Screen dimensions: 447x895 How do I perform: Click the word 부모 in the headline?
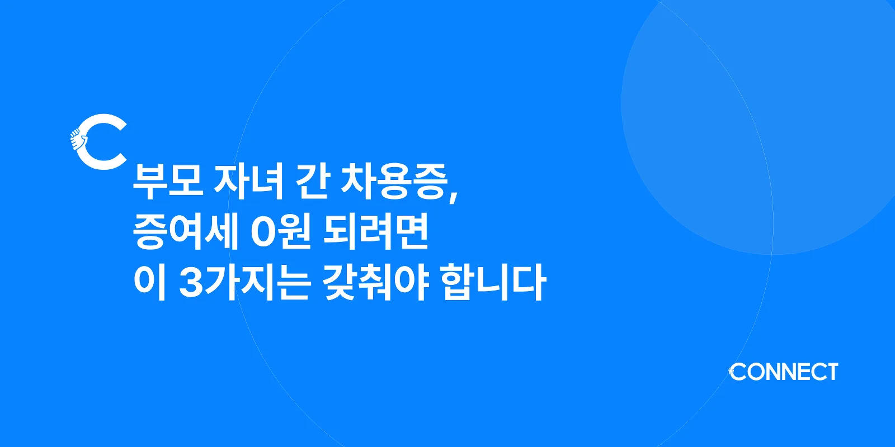tap(167, 182)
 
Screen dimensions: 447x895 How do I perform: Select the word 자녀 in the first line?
tap(249, 182)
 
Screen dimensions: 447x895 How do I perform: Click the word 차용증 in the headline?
tap(395, 182)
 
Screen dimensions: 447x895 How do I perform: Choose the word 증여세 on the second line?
tap(186, 232)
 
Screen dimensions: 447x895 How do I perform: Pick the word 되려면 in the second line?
tap(376, 232)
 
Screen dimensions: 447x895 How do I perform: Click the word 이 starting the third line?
tap(150, 282)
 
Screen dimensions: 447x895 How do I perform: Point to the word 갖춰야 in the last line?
tap(376, 282)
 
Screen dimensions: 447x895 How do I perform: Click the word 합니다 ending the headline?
tap(492, 282)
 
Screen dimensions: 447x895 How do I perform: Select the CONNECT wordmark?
tap(783, 372)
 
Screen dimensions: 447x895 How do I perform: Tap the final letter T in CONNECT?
tap(831, 372)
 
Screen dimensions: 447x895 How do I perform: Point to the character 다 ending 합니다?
tap(528, 282)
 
